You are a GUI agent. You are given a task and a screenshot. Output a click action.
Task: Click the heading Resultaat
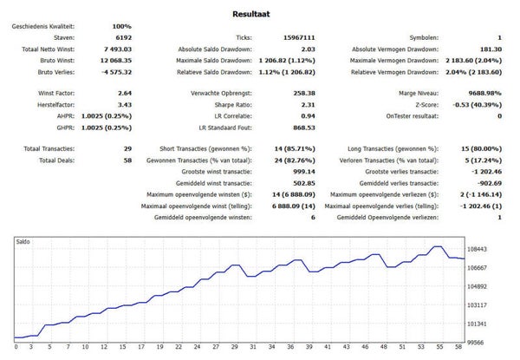tap(251, 14)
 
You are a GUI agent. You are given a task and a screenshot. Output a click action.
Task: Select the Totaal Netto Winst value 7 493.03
tap(118, 49)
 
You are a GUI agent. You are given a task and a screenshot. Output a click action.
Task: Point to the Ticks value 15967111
tap(299, 37)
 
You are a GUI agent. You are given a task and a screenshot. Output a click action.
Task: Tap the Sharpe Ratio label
tap(233, 105)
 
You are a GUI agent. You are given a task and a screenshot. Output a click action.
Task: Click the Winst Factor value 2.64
tap(125, 93)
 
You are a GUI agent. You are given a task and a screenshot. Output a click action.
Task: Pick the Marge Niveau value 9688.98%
tap(484, 93)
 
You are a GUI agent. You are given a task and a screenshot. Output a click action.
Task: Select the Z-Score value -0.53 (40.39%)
tap(477, 105)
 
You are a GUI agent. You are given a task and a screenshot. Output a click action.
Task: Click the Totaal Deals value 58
tap(127, 160)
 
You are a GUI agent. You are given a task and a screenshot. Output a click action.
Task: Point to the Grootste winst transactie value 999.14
tap(304, 172)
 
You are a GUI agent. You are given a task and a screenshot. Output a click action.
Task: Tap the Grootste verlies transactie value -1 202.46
tap(486, 172)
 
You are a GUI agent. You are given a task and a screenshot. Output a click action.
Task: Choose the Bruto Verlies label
tap(56, 72)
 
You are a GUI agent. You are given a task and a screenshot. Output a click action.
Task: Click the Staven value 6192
tap(124, 37)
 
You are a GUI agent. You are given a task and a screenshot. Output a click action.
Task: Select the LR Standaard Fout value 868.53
tap(304, 128)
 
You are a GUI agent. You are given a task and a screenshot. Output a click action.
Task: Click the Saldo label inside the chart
tap(23, 241)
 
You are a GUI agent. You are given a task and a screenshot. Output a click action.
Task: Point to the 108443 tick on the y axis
tap(477, 249)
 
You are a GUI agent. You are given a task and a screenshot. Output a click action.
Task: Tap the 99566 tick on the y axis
tap(477, 343)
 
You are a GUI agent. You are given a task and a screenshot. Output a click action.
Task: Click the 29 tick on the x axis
tap(235, 347)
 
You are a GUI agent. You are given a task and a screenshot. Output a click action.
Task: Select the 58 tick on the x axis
tap(458, 347)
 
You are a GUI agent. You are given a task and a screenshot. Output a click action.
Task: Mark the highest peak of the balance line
tap(438, 246)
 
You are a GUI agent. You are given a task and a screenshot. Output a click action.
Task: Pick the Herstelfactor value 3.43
tap(125, 105)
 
